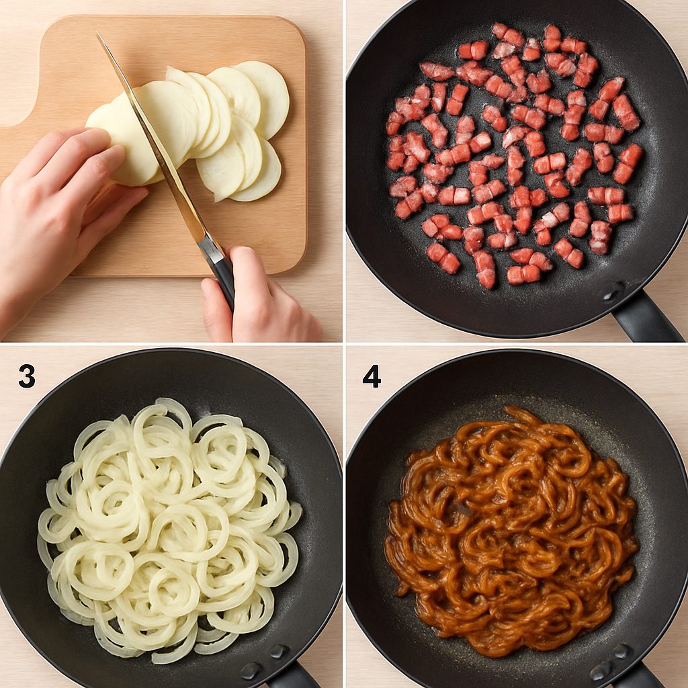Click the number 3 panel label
coord(27,376)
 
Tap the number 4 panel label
coord(372,376)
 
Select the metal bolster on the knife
coord(210,249)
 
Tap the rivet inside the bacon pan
coord(612,292)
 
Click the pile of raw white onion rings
coord(168,531)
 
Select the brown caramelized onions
coord(511,531)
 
